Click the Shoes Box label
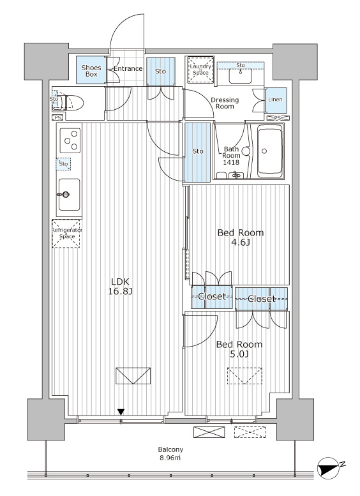click(91, 71)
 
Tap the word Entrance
click(128, 69)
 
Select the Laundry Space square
click(200, 70)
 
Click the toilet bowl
click(73, 102)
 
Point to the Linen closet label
click(275, 100)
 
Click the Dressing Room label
click(225, 103)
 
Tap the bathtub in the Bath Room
click(270, 151)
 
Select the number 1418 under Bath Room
click(230, 162)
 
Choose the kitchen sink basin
click(70, 194)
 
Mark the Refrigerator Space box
click(66, 234)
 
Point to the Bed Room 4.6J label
click(241, 237)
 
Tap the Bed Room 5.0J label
click(239, 349)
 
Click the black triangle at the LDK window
click(121, 412)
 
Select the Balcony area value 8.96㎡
click(170, 458)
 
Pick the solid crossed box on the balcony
click(209, 432)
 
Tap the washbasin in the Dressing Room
click(241, 76)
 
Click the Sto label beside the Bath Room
click(198, 151)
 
